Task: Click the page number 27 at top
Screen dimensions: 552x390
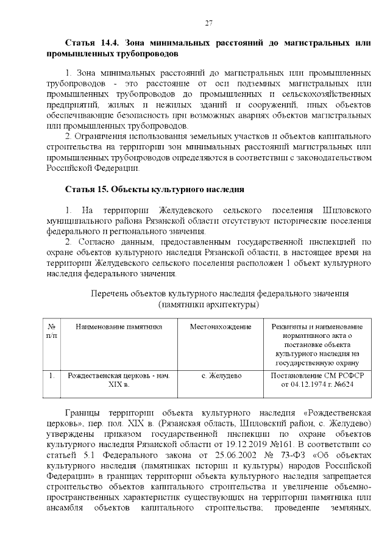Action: pyautogui.click(x=208, y=23)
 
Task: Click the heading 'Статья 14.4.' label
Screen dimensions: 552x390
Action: pyautogui.click(x=92, y=44)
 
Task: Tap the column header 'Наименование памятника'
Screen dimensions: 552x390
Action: pyautogui.click(x=119, y=326)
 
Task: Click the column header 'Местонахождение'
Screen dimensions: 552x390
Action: pyautogui.click(x=221, y=326)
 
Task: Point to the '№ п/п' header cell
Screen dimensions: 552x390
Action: pyautogui.click(x=52, y=331)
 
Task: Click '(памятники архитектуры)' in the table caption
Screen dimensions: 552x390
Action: pyautogui.click(x=208, y=304)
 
